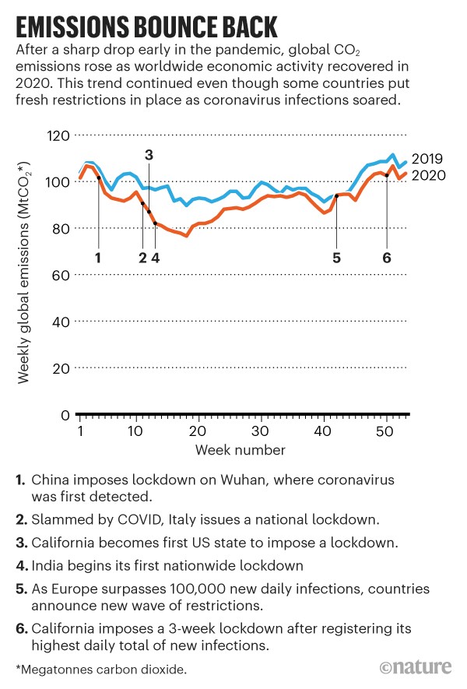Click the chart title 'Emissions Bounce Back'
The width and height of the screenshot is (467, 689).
pyautogui.click(x=147, y=27)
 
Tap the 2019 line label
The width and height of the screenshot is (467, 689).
pyautogui.click(x=427, y=159)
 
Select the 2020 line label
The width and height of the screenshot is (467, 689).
pyautogui.click(x=428, y=175)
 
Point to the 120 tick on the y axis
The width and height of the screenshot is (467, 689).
pyautogui.click(x=58, y=135)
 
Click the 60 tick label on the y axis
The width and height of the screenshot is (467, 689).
pyautogui.click(x=61, y=276)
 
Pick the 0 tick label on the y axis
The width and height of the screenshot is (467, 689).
pyautogui.click(x=65, y=415)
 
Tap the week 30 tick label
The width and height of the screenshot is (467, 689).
pyautogui.click(x=260, y=431)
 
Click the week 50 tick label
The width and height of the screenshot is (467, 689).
pyautogui.click(x=384, y=431)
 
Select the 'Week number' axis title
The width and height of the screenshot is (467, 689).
pyautogui.click(x=241, y=450)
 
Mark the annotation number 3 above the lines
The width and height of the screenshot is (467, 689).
pyautogui.click(x=149, y=155)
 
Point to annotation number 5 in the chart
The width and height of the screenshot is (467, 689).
pyautogui.click(x=336, y=258)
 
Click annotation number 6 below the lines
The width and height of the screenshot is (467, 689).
pyautogui.click(x=387, y=258)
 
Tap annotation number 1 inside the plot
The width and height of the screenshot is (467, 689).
pyautogui.click(x=98, y=258)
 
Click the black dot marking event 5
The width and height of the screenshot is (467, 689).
pyautogui.click(x=336, y=196)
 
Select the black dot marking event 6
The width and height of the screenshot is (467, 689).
pyautogui.click(x=387, y=175)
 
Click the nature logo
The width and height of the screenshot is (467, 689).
pyautogui.click(x=416, y=667)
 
